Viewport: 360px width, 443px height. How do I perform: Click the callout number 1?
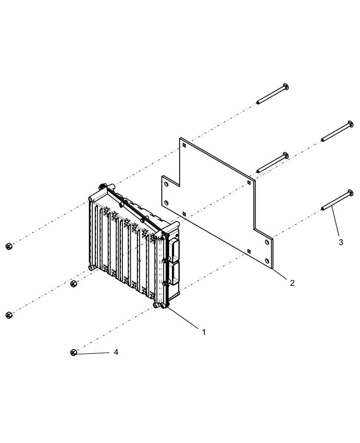[203, 332]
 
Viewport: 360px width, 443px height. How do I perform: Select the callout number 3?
[340, 243]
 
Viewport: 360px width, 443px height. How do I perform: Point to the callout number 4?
[116, 352]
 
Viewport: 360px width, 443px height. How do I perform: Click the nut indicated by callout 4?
[74, 352]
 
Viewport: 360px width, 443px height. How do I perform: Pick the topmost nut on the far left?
[8, 246]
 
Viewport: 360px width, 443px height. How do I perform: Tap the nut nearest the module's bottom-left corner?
[74, 284]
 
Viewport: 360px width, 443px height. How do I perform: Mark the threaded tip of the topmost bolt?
[258, 103]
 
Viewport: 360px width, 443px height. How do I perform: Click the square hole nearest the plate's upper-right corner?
[249, 183]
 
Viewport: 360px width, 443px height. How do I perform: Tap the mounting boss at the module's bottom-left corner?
[91, 268]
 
